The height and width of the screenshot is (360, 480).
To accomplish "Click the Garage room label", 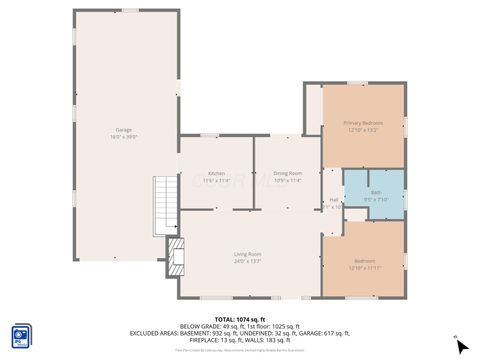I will [123, 130].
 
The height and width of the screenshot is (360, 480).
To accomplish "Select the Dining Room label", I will [287, 173].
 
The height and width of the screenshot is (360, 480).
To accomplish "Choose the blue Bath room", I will [375, 194].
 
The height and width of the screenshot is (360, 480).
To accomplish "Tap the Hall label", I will [333, 199].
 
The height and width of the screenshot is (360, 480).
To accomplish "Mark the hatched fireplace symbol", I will [176, 257].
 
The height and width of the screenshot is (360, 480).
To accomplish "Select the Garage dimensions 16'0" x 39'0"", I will [123, 136].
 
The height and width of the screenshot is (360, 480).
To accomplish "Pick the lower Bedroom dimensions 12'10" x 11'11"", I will [363, 268].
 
